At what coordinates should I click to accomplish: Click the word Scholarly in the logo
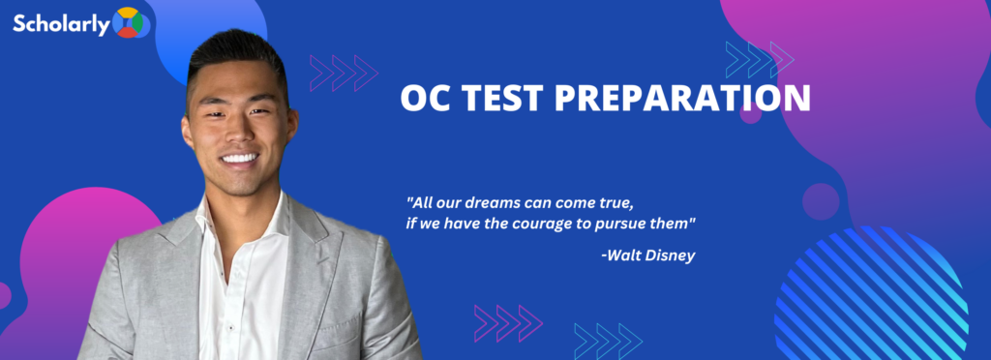pos(62,24)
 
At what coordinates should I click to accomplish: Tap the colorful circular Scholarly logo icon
pos(129,22)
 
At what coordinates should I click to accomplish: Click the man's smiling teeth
pos(240,157)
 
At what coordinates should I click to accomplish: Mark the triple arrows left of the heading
pos(344,73)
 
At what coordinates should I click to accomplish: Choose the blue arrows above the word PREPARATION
pos(760,59)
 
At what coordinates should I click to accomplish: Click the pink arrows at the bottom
pos(508,323)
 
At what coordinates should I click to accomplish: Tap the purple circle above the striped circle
pos(821,202)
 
